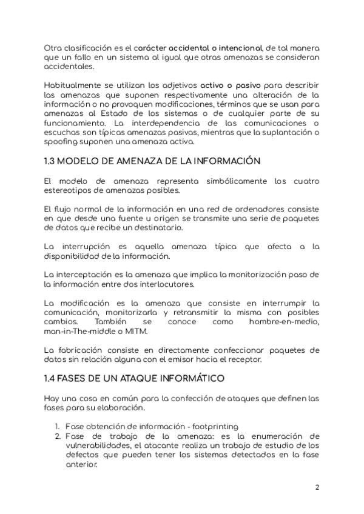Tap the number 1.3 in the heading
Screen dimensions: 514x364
(x=51, y=161)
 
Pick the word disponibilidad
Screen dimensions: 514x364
(x=72, y=256)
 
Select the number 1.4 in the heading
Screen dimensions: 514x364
(x=52, y=379)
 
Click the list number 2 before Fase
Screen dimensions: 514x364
(x=58, y=436)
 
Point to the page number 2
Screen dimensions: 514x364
(x=317, y=487)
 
